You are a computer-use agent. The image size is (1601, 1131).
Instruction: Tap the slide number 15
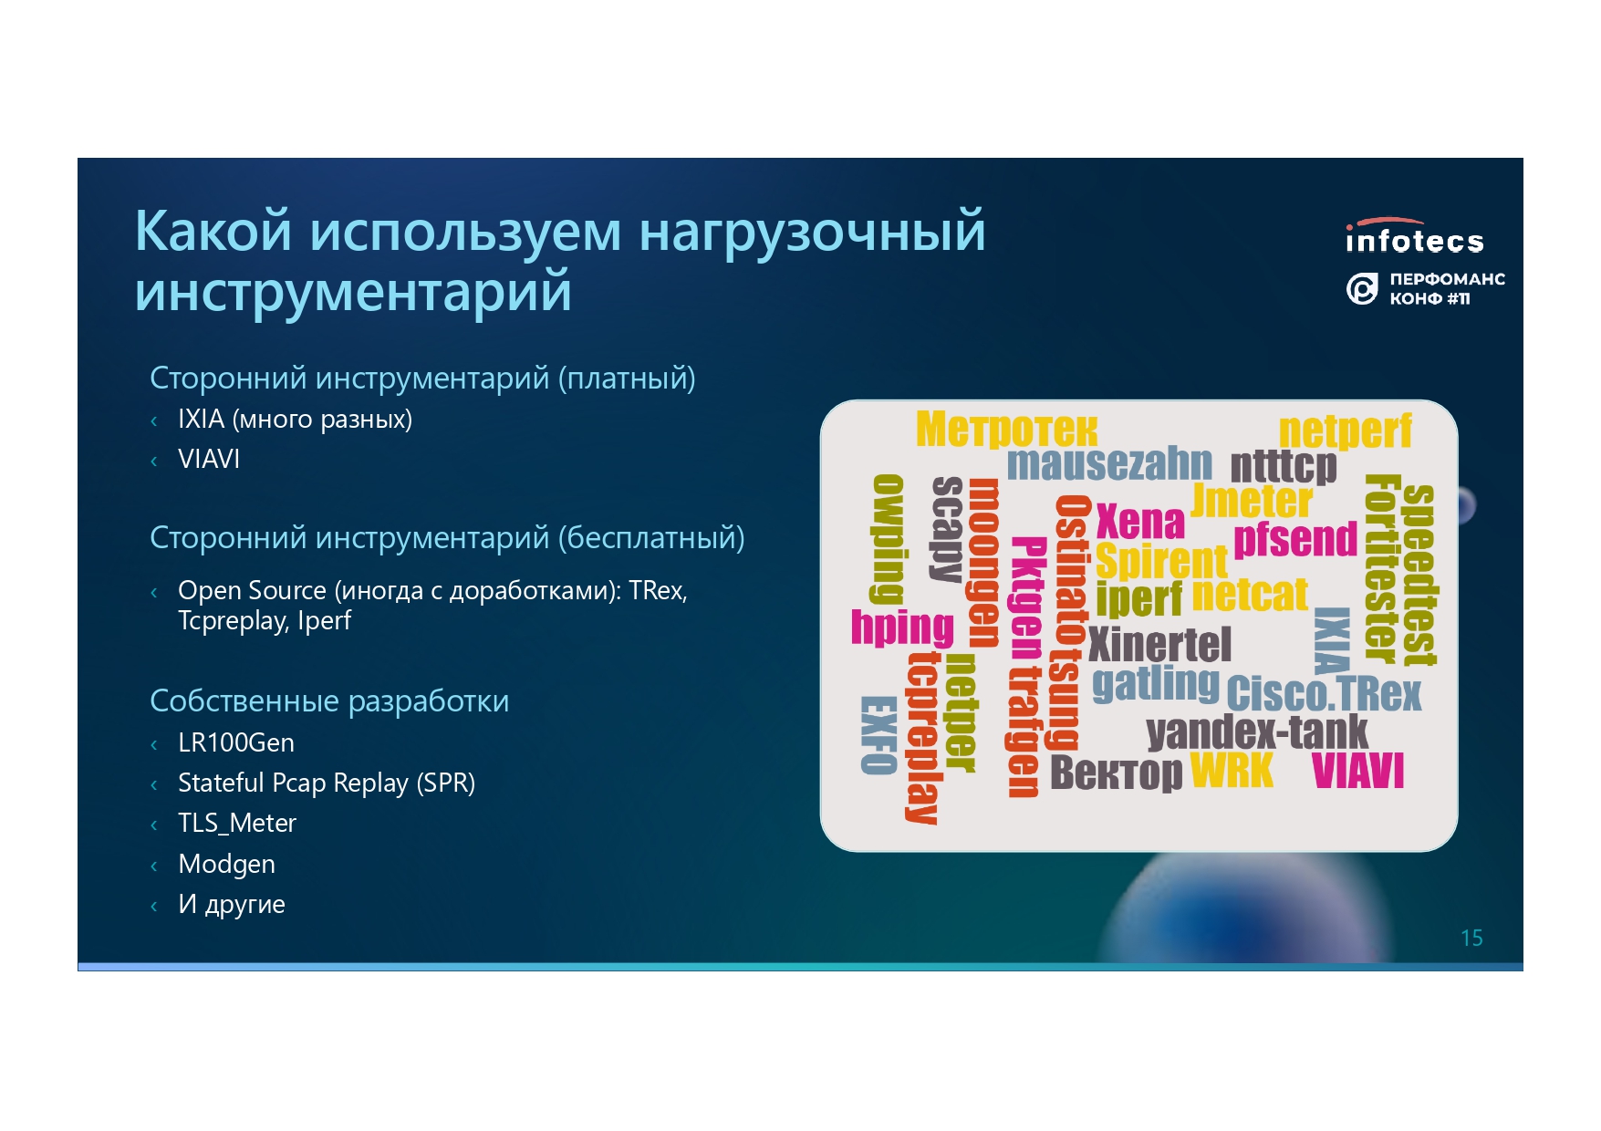point(1471,938)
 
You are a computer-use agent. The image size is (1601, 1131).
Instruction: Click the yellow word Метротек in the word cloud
point(1006,429)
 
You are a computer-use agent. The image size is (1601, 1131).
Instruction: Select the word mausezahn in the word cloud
point(1109,463)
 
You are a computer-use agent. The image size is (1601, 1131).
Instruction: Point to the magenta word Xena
point(1140,522)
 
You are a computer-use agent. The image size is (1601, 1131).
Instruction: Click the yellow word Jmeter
point(1252,501)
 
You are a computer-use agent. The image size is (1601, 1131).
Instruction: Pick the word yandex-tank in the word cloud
point(1257,732)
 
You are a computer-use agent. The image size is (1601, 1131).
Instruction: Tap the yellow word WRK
point(1232,770)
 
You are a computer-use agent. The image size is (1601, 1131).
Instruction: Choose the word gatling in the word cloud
point(1156,685)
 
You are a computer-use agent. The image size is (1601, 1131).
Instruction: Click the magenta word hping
point(902,628)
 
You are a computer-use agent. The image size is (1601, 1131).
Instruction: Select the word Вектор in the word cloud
point(1117,773)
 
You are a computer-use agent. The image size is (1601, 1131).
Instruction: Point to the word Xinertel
point(1159,645)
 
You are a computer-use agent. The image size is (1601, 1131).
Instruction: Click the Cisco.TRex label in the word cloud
point(1324,693)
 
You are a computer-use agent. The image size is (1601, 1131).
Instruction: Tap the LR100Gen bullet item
point(236,742)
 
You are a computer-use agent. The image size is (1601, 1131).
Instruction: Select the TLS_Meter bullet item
point(237,824)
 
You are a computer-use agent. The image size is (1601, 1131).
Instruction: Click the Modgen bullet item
point(226,864)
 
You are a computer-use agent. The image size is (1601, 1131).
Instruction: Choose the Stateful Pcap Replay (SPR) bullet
point(327,783)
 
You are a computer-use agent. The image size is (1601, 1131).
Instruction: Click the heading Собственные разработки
point(329,700)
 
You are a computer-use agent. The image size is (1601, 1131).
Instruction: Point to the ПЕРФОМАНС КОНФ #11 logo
point(1426,288)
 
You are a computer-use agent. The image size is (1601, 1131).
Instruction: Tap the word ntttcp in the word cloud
point(1284,467)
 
